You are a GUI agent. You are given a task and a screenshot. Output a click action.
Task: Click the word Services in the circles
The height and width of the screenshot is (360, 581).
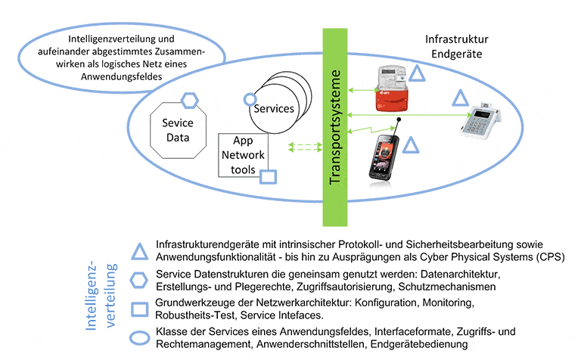(x=273, y=108)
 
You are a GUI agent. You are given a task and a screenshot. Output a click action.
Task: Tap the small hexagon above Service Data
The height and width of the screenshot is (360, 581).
(x=190, y=99)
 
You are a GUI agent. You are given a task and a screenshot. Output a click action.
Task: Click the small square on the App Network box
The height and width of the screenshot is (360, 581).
(x=269, y=177)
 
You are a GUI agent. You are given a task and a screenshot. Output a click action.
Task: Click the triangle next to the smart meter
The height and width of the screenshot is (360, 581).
(x=417, y=74)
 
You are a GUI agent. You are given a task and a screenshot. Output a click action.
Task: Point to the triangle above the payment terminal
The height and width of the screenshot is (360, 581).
(x=461, y=98)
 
